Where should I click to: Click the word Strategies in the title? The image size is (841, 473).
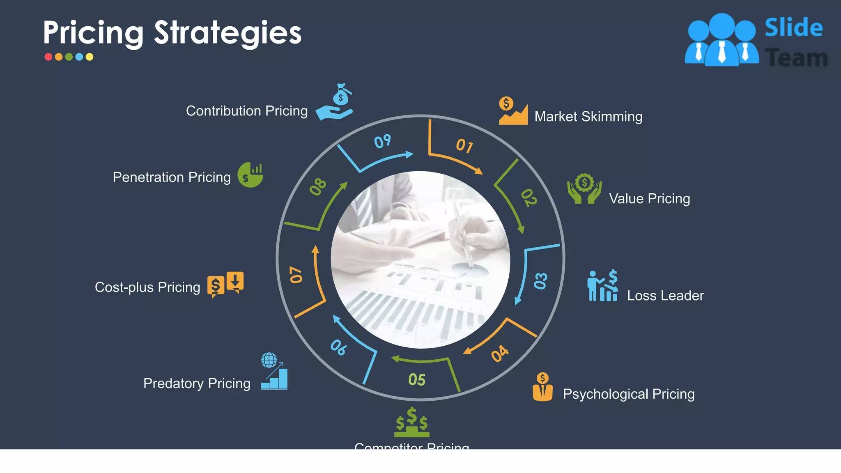click(227, 33)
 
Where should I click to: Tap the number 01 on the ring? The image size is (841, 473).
click(464, 146)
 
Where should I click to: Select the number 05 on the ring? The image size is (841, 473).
click(417, 380)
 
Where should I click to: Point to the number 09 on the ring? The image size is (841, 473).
click(382, 142)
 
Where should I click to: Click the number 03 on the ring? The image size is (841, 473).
click(541, 281)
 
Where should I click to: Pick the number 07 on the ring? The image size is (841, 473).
click(296, 275)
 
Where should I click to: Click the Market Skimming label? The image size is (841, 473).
click(588, 117)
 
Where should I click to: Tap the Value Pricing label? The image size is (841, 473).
click(649, 199)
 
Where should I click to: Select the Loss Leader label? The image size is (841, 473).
click(665, 296)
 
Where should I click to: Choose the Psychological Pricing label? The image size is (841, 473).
click(628, 394)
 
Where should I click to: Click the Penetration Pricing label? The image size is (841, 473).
click(172, 177)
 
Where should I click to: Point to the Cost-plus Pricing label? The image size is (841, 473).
click(147, 287)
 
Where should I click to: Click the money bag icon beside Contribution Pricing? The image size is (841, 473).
click(341, 95)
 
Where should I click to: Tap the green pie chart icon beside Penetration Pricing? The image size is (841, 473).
click(250, 175)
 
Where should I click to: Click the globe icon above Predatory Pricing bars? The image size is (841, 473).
click(269, 360)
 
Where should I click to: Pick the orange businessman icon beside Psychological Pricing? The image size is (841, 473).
click(542, 387)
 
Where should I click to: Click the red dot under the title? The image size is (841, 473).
click(48, 57)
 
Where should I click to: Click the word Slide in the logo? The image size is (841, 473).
click(793, 28)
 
